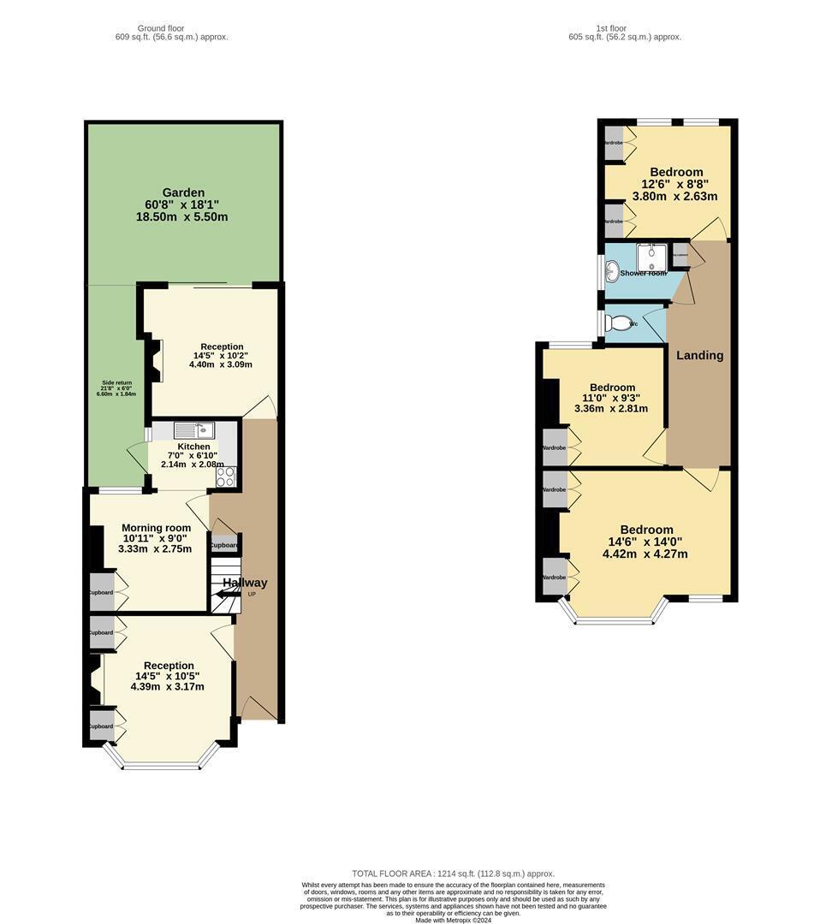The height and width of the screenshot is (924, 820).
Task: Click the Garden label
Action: pyautogui.click(x=183, y=192)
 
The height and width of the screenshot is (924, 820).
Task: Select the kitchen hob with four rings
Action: pyautogui.click(x=226, y=477)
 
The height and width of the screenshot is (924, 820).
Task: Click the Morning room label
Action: pyautogui.click(x=155, y=527)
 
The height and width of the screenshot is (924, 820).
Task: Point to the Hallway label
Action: pyautogui.click(x=246, y=583)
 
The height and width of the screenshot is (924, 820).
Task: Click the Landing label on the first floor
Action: pyautogui.click(x=700, y=355)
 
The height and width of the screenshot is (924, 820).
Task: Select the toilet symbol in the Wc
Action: pyautogui.click(x=618, y=323)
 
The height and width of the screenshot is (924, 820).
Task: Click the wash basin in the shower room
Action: pyautogui.click(x=612, y=271)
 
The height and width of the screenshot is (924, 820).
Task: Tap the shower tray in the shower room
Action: pyautogui.click(x=651, y=257)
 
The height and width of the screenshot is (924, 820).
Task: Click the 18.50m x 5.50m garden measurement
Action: pyautogui.click(x=181, y=216)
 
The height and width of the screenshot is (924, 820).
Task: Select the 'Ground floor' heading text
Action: pyautogui.click(x=161, y=28)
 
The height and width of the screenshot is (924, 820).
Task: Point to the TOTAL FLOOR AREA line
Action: pyautogui.click(x=453, y=874)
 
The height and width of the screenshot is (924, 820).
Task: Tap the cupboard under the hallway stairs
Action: pyautogui.click(x=225, y=545)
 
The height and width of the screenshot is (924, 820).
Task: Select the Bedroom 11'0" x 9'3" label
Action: pyautogui.click(x=612, y=388)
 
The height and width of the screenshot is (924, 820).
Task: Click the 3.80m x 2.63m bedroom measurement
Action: pyautogui.click(x=674, y=196)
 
